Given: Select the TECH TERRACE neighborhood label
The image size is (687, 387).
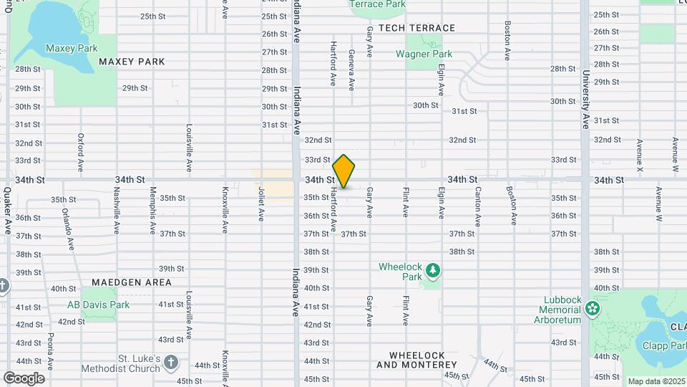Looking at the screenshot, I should [416, 28].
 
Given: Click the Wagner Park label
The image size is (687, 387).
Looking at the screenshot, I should [424, 54].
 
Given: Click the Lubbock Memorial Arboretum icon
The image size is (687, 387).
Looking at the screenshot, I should [593, 309].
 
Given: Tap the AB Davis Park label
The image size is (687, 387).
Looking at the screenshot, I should [98, 305].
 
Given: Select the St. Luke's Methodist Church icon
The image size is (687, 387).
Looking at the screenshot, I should [170, 362].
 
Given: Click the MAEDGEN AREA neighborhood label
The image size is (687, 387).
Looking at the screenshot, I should [132, 282].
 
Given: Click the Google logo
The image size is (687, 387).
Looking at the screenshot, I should [24, 378].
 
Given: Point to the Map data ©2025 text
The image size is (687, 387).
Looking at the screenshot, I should [656, 381].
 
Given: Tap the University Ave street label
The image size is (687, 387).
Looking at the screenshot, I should [585, 99].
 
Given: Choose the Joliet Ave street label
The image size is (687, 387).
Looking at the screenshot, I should [261, 205].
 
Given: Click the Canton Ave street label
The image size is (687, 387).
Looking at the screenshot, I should [477, 205].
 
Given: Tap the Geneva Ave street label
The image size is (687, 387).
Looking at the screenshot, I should [351, 70].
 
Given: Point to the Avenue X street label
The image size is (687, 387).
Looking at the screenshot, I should [640, 156].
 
